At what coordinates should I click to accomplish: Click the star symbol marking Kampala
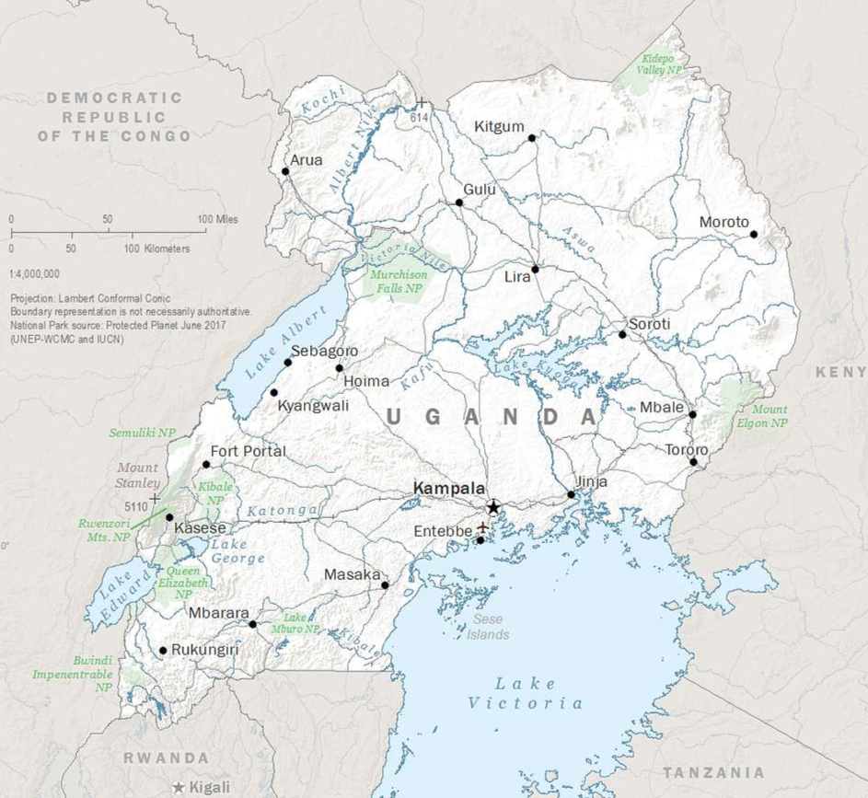(493, 506)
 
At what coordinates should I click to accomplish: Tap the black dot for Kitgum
(531, 138)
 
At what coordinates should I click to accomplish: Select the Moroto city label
(724, 222)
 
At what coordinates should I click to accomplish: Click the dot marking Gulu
(459, 202)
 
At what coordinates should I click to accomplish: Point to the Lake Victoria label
(525, 693)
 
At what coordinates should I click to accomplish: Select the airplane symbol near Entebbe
(482, 527)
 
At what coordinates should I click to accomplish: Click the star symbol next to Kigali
(179, 788)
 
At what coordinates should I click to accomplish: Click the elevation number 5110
(136, 504)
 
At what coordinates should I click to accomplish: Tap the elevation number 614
(420, 118)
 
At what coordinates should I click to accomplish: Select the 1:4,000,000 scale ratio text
(34, 273)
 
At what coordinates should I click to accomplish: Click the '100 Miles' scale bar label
(217, 219)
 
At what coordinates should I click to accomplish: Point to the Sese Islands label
(488, 627)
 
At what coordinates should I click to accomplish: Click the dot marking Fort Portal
(205, 464)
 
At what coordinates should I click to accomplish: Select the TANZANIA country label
(713, 771)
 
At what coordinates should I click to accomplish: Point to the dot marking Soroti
(622, 334)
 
